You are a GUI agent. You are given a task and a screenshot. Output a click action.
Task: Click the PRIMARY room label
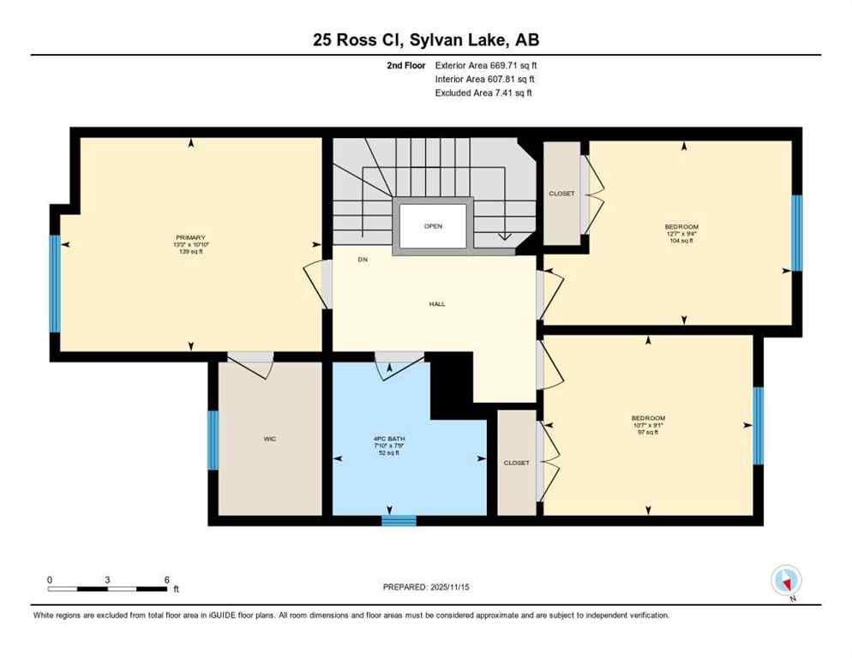(190, 237)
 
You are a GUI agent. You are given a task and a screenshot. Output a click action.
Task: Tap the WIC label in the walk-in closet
(270, 439)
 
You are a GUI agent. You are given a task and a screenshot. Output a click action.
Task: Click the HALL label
(437, 303)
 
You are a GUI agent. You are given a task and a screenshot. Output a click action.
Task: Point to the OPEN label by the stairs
(433, 226)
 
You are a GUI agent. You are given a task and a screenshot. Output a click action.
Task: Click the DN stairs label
(363, 260)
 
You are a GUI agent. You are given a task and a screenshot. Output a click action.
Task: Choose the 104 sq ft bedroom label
(682, 227)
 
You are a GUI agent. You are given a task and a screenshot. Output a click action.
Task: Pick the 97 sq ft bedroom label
(649, 418)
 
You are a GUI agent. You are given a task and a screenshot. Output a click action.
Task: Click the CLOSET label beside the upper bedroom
(561, 194)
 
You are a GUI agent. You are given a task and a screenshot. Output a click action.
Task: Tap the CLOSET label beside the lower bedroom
(516, 463)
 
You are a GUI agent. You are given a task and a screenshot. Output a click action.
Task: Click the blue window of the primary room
(55, 284)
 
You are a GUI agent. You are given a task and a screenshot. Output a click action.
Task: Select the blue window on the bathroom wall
(399, 520)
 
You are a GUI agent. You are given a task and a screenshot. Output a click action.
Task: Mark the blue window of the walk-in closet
(213, 440)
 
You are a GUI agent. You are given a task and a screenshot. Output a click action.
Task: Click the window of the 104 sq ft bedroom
(796, 232)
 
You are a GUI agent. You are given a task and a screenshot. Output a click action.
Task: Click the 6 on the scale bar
(166, 579)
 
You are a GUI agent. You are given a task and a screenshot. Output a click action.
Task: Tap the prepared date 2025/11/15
(426, 587)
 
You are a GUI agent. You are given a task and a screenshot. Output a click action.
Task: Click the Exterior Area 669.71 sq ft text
(485, 64)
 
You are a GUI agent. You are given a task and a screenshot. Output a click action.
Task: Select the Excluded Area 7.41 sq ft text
(483, 93)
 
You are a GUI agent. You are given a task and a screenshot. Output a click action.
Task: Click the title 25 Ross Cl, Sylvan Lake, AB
(425, 39)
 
